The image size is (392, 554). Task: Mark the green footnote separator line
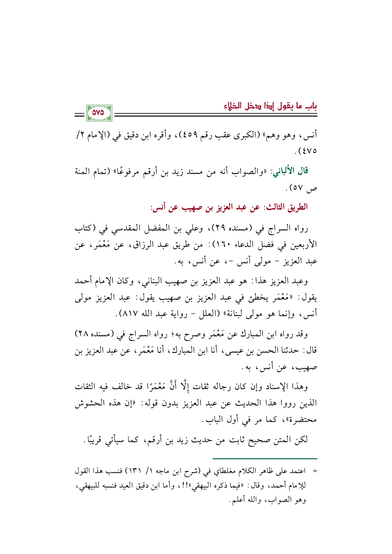[265, 459]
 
